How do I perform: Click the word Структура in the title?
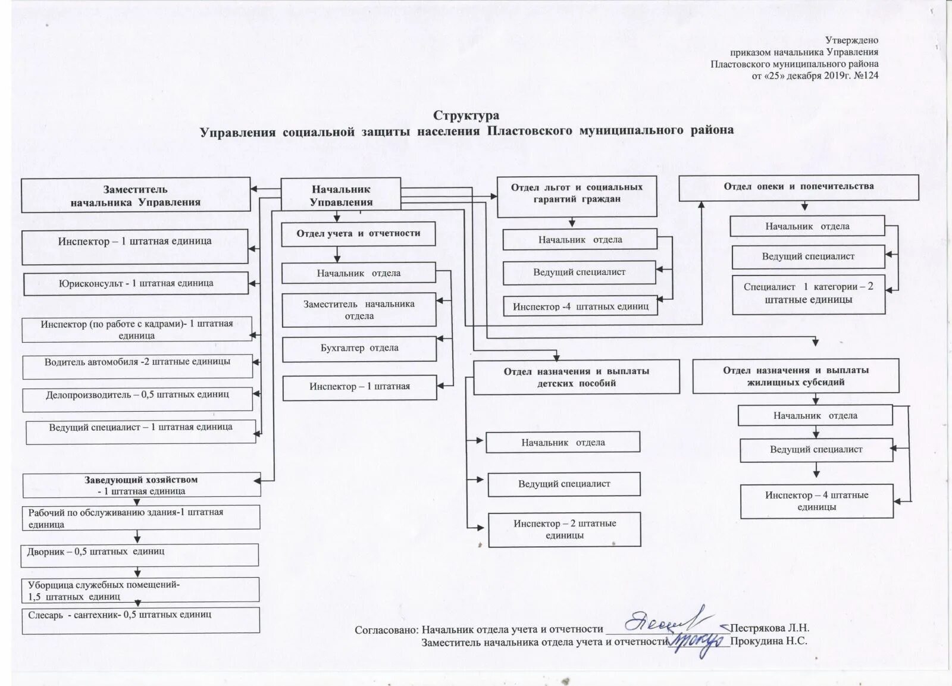pyautogui.click(x=466, y=115)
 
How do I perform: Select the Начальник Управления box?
pyautogui.click(x=341, y=195)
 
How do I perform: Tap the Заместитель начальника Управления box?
pyautogui.click(x=136, y=195)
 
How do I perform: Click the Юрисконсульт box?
pyautogui.click(x=136, y=283)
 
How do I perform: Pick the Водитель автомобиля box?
pyautogui.click(x=137, y=366)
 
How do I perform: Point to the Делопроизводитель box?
pyautogui.click(x=137, y=399)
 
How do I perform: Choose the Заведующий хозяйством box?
pyautogui.click(x=141, y=485)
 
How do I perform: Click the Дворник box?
pyautogui.click(x=140, y=555)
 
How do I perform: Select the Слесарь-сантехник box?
pyautogui.click(x=141, y=619)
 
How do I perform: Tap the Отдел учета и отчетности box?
pyautogui.click(x=358, y=234)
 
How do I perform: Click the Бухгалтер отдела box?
pyautogui.click(x=359, y=349)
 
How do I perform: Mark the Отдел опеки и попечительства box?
pyautogui.click(x=798, y=187)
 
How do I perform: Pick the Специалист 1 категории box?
pyautogui.click(x=809, y=294)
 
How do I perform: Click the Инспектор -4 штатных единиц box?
pyautogui.click(x=580, y=306)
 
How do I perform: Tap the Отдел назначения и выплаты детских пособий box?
pyautogui.click(x=576, y=377)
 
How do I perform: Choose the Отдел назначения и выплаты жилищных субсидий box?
pyautogui.click(x=796, y=377)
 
